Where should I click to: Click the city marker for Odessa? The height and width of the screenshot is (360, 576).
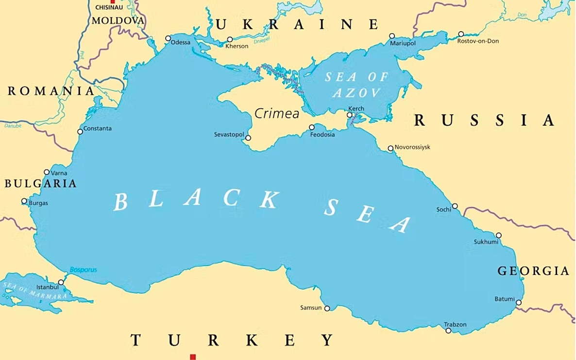point(168,38)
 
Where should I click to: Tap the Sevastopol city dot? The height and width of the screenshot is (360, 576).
point(248,138)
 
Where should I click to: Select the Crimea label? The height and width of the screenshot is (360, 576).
point(277,114)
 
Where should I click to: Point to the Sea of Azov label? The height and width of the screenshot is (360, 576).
point(357,85)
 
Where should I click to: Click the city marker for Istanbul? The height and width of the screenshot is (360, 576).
point(61,282)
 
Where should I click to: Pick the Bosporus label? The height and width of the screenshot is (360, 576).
point(83,269)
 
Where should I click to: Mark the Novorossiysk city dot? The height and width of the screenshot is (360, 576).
point(390,149)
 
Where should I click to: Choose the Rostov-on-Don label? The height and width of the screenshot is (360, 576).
point(478,41)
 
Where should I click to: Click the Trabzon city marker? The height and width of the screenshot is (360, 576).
point(448,331)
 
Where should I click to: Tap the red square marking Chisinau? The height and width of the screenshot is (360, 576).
point(113,2)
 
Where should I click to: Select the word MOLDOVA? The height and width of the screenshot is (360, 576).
point(118,20)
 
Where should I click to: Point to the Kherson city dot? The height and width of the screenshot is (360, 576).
point(230,40)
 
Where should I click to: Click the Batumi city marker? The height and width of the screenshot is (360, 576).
point(519,303)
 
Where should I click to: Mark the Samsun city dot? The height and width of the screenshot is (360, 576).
point(327,309)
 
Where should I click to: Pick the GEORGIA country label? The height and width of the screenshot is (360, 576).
point(533,271)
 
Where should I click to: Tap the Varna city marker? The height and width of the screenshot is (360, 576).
point(47,172)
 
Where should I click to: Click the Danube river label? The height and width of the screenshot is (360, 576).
point(13,126)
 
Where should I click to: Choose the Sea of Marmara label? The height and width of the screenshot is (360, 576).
point(35,291)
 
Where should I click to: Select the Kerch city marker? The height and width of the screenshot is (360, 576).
point(349,115)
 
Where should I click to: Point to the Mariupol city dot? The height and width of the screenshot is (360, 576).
point(392,36)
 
